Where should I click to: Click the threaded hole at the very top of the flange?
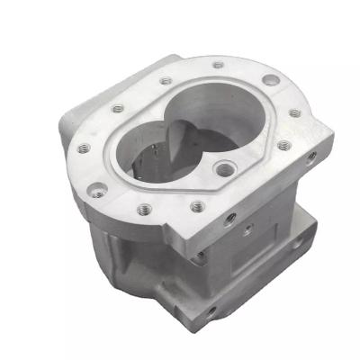(219, 65)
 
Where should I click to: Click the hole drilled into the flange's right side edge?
(311, 156)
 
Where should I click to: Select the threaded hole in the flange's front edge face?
(228, 218)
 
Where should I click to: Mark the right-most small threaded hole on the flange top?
(294, 114)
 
